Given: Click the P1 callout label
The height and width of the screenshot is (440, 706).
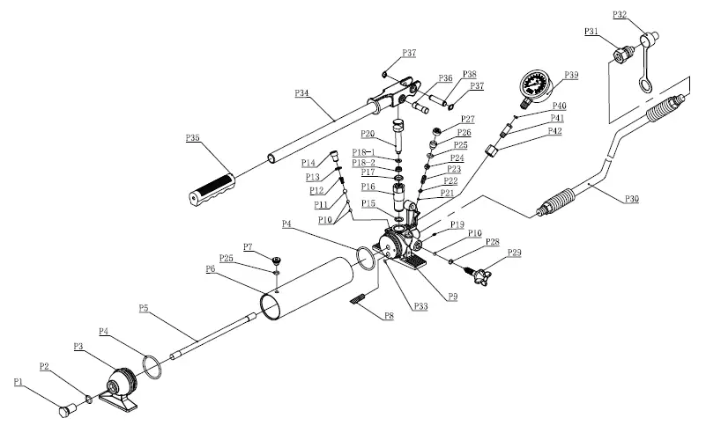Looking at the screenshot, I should tap(19, 381).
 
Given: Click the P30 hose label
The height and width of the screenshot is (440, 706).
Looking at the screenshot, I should tap(631, 200).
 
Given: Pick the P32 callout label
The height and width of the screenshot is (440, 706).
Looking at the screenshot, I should tap(618, 16).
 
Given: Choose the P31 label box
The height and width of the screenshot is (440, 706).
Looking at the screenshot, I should tap(591, 33).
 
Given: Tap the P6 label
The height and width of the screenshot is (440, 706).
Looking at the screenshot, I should tap(212, 268).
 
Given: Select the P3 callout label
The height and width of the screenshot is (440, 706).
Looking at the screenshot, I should tap(78, 348).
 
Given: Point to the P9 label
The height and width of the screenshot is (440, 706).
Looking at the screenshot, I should tap(452, 297).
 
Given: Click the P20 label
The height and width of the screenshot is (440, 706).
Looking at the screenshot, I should tap(368, 134).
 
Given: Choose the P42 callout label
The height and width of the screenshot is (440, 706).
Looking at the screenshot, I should tap(554, 131).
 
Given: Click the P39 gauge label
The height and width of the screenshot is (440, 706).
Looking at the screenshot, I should tap(572, 76).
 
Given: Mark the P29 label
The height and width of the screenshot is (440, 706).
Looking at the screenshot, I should tap(515, 253).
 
